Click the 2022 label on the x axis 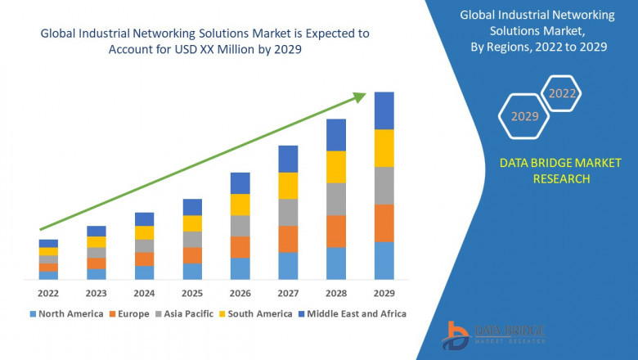tap(48, 292)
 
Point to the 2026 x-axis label tap(240, 292)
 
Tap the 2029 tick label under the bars tap(384, 292)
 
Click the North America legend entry tap(66, 313)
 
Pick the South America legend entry tap(258, 313)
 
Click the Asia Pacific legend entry tap(186, 313)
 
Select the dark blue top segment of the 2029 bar tap(384, 110)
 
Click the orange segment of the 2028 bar tap(336, 232)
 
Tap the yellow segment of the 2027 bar tap(288, 186)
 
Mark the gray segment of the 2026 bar tap(240, 226)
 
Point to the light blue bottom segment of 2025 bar tap(192, 272)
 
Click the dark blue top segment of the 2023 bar tap(97, 231)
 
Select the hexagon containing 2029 tap(524, 117)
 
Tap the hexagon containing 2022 tap(562, 93)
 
